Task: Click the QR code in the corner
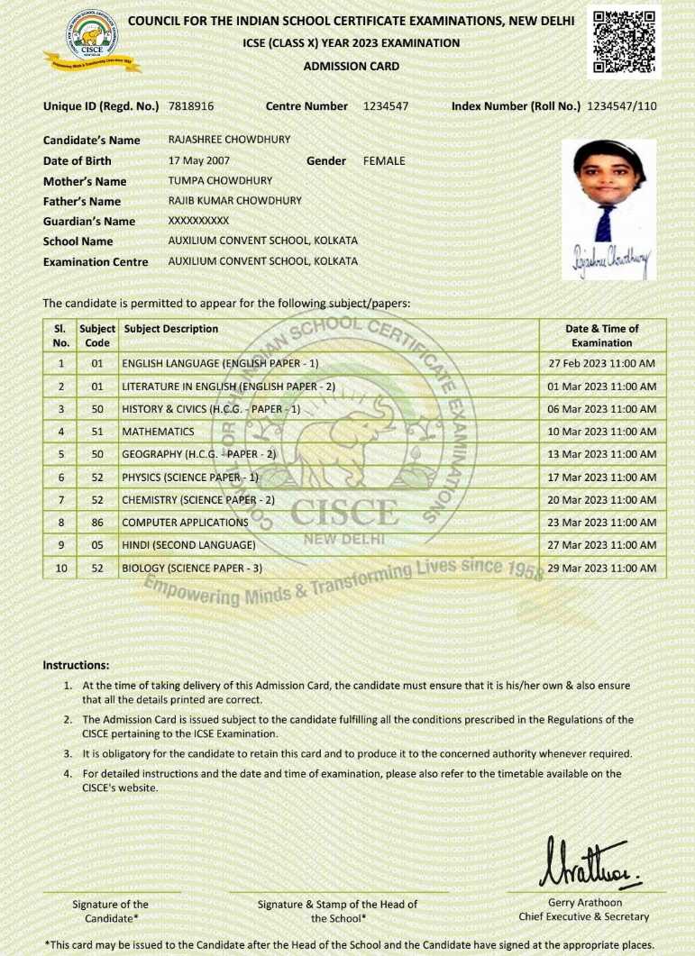click(625, 41)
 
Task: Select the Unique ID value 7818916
click(191, 106)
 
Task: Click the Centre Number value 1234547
click(386, 106)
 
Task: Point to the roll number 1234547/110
click(621, 106)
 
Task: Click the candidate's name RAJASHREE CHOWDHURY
click(229, 141)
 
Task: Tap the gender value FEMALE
click(384, 160)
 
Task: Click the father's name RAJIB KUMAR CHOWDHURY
click(235, 201)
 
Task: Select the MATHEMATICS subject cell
click(159, 432)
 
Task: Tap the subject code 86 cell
click(97, 523)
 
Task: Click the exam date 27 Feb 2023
click(602, 363)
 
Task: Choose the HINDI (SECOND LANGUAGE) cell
click(188, 545)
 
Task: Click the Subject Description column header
click(171, 329)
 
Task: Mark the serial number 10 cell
click(61, 568)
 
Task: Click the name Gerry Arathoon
click(584, 903)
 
